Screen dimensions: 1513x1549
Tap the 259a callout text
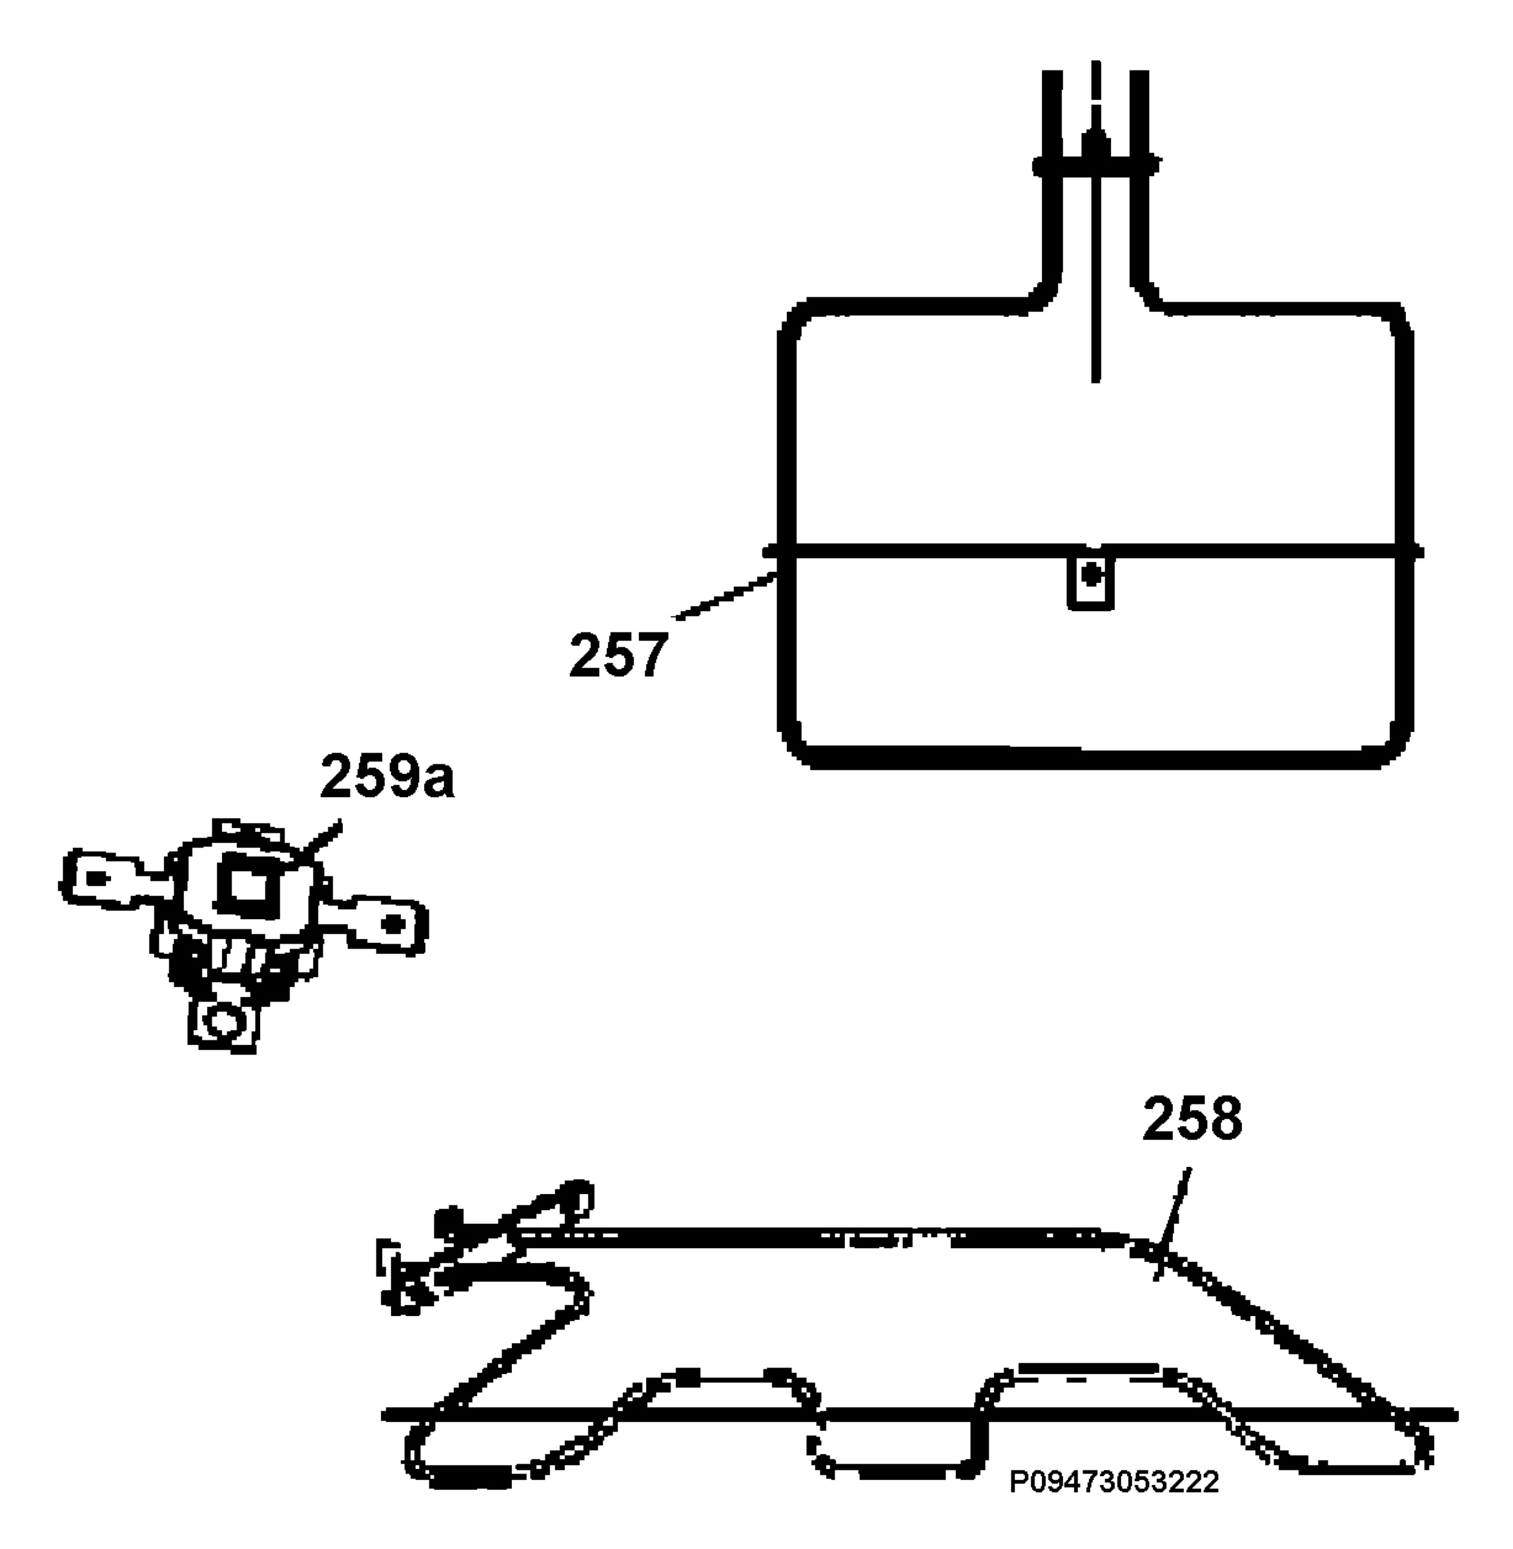coord(387,776)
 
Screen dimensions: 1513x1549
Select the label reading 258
coord(1192,1119)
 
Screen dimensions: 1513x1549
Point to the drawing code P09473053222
coord(1114,1481)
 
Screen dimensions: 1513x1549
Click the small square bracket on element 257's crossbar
coord(1090,582)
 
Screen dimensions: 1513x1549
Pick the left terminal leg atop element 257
coord(1051,183)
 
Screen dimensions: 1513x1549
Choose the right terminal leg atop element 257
coord(1139,183)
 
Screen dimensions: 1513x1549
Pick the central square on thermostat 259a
coord(251,885)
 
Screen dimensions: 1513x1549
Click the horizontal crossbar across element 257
coord(1093,551)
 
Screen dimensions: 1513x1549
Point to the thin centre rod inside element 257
coord(1096,223)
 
